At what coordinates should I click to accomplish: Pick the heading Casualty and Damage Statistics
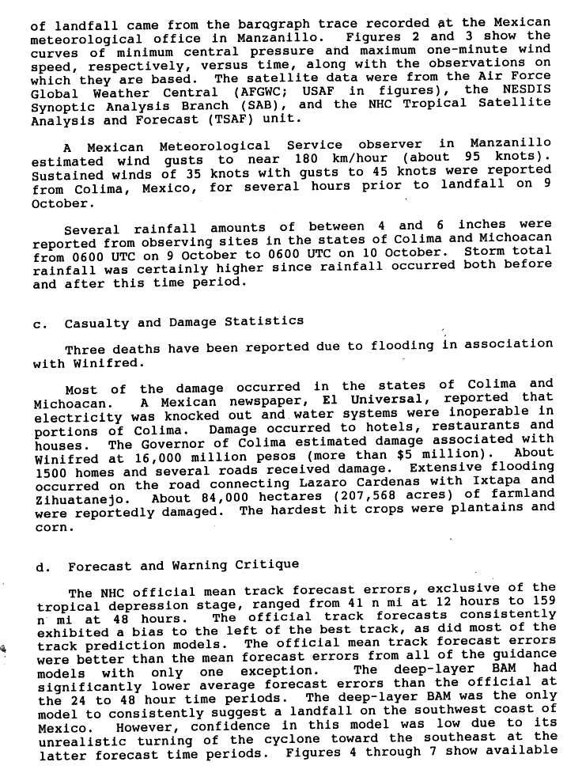(x=184, y=321)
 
